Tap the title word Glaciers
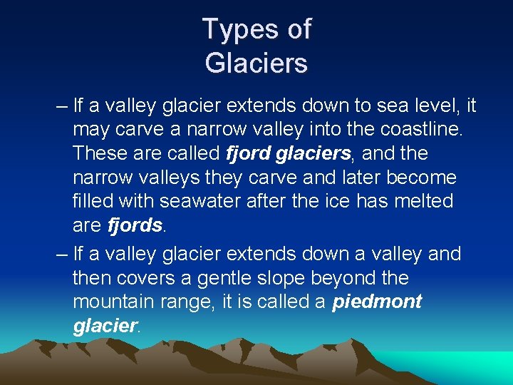(256, 63)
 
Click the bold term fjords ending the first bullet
(135, 226)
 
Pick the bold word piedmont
(377, 302)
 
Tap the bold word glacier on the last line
(105, 326)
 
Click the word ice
(343, 202)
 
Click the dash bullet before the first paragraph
(61, 106)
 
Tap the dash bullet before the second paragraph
(61, 254)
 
